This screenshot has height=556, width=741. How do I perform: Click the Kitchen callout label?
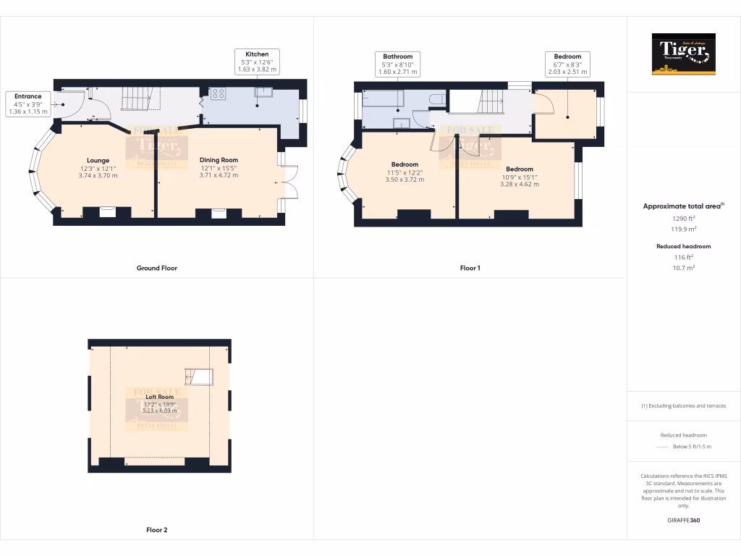pyautogui.click(x=257, y=62)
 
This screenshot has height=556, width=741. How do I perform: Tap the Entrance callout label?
pyautogui.click(x=27, y=104)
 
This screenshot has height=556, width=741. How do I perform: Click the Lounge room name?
pyautogui.click(x=98, y=160)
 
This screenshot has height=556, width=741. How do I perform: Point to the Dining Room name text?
pyautogui.click(x=219, y=160)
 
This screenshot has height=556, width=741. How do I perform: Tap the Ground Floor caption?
pyautogui.click(x=156, y=268)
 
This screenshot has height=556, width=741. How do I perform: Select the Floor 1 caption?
pyautogui.click(x=470, y=268)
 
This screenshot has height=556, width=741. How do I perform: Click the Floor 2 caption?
pyautogui.click(x=156, y=530)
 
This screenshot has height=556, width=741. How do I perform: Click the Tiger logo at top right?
pyautogui.click(x=683, y=54)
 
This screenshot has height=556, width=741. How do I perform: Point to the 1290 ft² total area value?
pyautogui.click(x=683, y=218)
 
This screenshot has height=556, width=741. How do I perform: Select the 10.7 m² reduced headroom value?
pyautogui.click(x=683, y=267)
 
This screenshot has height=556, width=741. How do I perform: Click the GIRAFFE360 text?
pyautogui.click(x=683, y=521)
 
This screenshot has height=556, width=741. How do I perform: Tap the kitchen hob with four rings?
pyautogui.click(x=218, y=93)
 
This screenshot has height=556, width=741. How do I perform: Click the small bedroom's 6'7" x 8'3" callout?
pyautogui.click(x=567, y=64)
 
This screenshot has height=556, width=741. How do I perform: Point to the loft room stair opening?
pyautogui.click(x=199, y=376)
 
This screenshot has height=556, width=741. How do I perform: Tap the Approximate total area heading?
pyautogui.click(x=683, y=206)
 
